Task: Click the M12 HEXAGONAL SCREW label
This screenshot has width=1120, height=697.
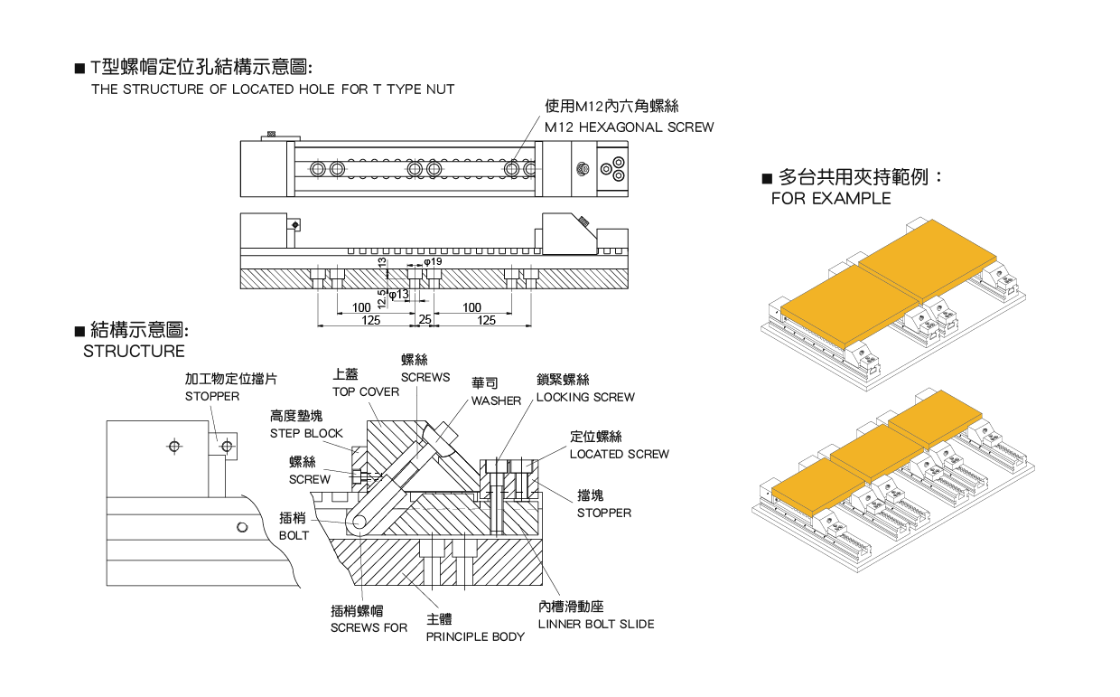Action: tap(629, 127)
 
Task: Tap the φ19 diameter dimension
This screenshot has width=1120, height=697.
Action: tap(434, 261)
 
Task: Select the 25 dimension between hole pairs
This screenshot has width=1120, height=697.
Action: tap(424, 320)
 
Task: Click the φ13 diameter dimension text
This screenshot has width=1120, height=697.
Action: tap(398, 295)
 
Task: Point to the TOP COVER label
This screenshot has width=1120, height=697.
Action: tap(365, 391)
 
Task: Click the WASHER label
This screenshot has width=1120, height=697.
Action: tap(496, 400)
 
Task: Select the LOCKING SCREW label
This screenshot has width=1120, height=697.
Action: tap(585, 397)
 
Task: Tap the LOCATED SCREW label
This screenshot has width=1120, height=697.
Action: tap(619, 454)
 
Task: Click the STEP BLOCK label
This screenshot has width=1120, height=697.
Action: tap(306, 433)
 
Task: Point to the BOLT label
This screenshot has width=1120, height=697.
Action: tap(294, 535)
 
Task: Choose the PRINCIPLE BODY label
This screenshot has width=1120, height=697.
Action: tap(475, 636)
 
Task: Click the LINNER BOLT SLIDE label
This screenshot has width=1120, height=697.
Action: tap(595, 624)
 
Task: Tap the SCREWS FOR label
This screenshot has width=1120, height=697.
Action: tap(369, 627)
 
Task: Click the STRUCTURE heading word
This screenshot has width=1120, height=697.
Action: tap(134, 352)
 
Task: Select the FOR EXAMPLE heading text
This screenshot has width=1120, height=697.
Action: tap(830, 199)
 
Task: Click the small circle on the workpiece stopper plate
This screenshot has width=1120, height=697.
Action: tap(228, 446)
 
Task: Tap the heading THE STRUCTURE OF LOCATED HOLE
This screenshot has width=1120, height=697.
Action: tap(272, 89)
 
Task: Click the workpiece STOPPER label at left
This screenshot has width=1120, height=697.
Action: tap(212, 396)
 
